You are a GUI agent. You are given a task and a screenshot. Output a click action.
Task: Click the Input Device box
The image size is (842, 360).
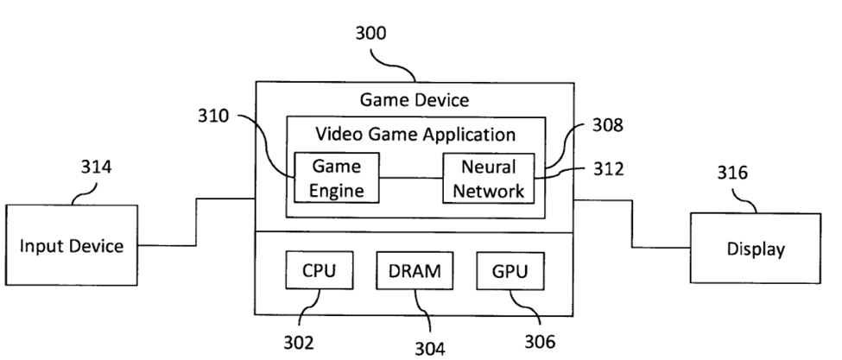(72, 246)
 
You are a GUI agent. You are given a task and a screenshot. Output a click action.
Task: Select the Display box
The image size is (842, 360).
(756, 249)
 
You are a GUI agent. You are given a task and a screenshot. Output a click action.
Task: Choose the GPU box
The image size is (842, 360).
(509, 271)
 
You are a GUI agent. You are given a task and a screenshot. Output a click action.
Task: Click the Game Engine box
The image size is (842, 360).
(336, 178)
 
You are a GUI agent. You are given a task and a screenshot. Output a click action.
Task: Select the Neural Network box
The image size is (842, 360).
(488, 178)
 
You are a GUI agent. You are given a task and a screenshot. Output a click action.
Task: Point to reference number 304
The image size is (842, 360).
(429, 347)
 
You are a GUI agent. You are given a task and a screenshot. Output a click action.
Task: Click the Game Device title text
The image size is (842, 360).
(415, 100)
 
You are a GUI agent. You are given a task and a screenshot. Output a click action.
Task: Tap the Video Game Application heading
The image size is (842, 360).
(415, 135)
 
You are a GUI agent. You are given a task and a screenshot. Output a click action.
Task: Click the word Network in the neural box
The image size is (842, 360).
(488, 191)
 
